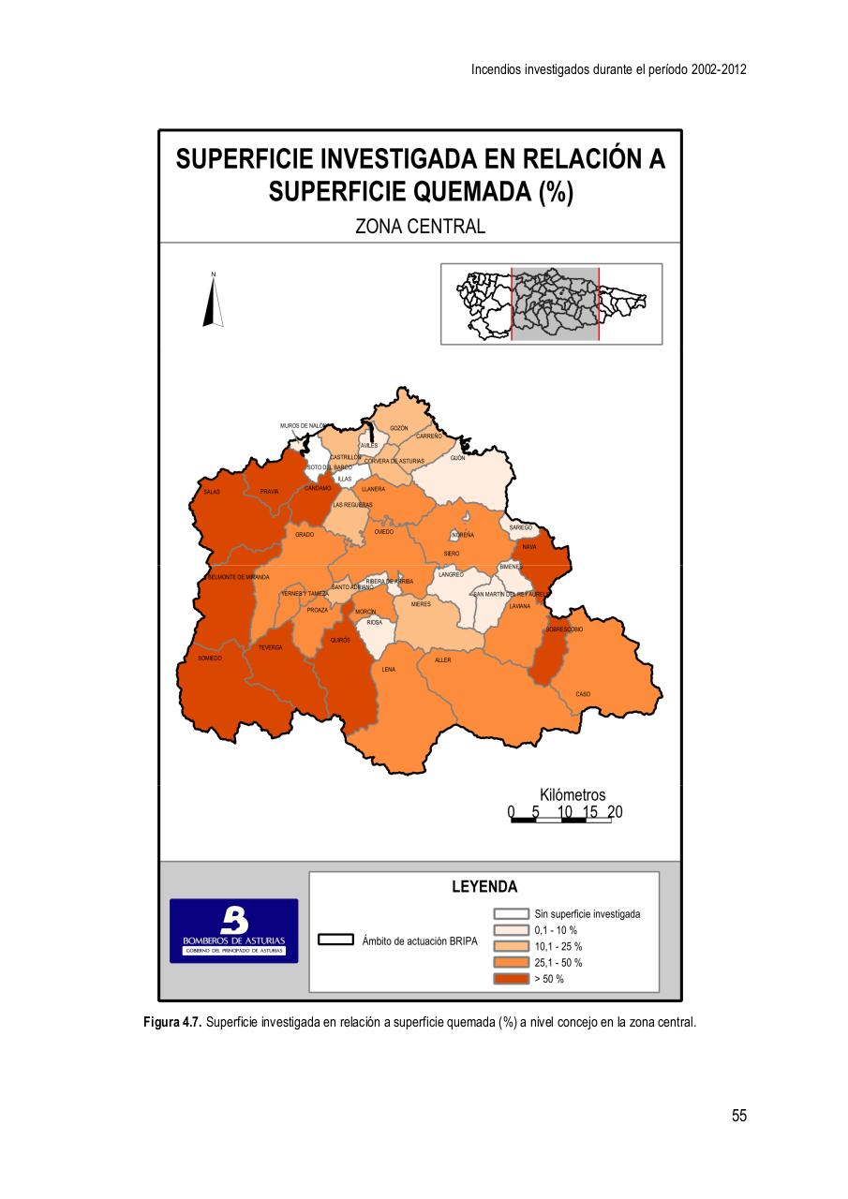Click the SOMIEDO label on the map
pos(210,659)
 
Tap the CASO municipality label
pos(583,694)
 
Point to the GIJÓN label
pos(457,458)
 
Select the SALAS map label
pos(212,491)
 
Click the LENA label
pos(389,670)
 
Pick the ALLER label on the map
pos(443,660)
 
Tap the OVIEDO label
pos(384,531)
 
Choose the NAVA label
pos(529,546)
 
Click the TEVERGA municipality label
pos(271,647)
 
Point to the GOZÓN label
pos(398,428)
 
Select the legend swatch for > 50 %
pos(512,979)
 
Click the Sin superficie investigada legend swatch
pos(512,913)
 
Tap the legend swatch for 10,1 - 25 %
pos(512,946)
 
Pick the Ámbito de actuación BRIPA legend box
pos(335,940)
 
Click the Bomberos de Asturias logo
pos(233,931)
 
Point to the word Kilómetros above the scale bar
pos(573,795)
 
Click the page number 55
pos(739,1116)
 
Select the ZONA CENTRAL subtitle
pos(420,226)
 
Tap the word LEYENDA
pos(484,886)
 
